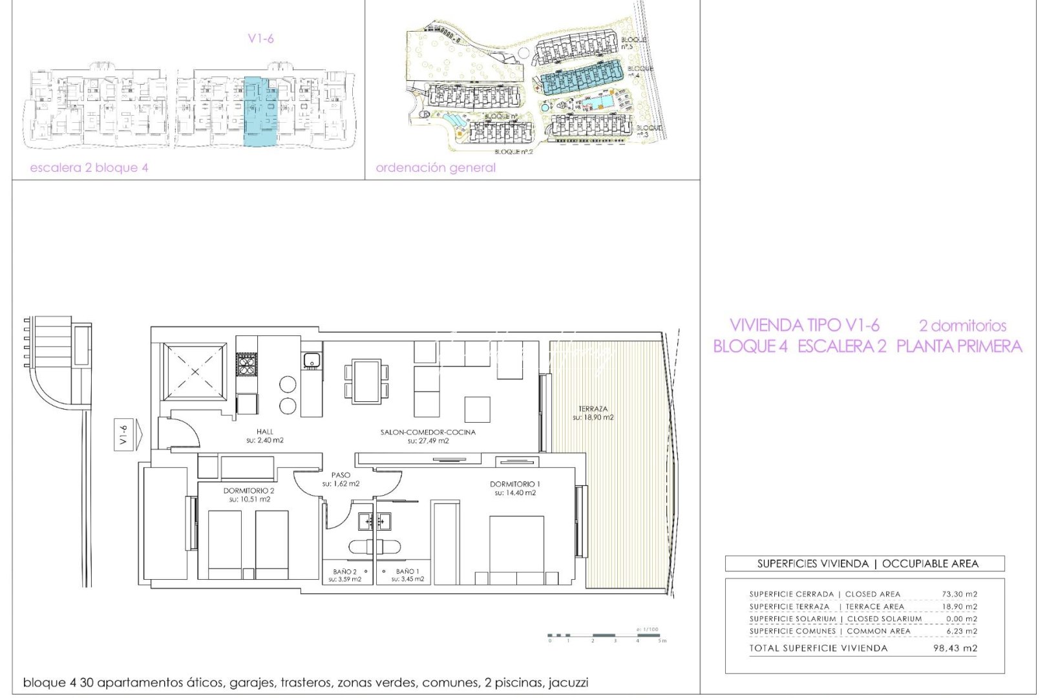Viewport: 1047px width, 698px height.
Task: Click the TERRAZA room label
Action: click(593, 409)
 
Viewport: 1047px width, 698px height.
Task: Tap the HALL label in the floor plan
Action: click(264, 432)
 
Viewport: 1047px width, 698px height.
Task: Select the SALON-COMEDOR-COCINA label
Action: click(428, 432)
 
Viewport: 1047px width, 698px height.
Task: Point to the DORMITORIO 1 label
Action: click(515, 484)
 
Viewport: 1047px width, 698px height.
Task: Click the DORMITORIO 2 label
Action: click(249, 491)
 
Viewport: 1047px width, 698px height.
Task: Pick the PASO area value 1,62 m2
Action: click(341, 483)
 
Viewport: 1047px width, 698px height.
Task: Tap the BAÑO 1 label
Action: click(407, 571)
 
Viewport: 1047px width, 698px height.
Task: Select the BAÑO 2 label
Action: click(344, 571)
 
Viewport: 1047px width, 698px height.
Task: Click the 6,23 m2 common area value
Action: click(962, 631)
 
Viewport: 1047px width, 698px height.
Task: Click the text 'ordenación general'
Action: click(436, 167)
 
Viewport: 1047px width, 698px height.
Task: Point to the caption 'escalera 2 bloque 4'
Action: click(89, 167)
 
